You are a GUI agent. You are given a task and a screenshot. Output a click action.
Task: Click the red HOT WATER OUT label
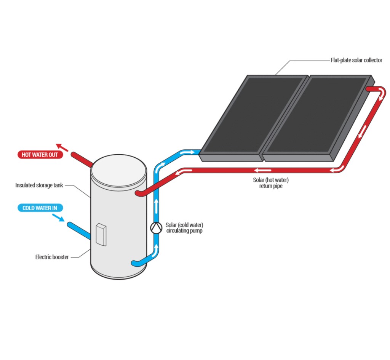[40, 155]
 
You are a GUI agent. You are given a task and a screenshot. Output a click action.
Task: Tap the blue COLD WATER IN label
[40, 208]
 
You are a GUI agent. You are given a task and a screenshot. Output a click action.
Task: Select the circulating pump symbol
[156, 227]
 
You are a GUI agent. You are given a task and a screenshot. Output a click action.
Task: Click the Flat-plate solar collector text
[356, 60]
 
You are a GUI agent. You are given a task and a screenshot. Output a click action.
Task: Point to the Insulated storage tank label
[39, 185]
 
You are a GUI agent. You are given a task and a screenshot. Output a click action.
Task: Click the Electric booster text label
[52, 257]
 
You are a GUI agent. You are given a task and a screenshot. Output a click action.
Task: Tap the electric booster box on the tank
[101, 234]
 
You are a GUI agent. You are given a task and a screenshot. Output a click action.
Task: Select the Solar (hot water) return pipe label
[268, 183]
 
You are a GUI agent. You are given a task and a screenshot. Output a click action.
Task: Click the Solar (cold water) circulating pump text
[184, 228]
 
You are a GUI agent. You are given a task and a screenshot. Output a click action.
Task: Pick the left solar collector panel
[253, 114]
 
